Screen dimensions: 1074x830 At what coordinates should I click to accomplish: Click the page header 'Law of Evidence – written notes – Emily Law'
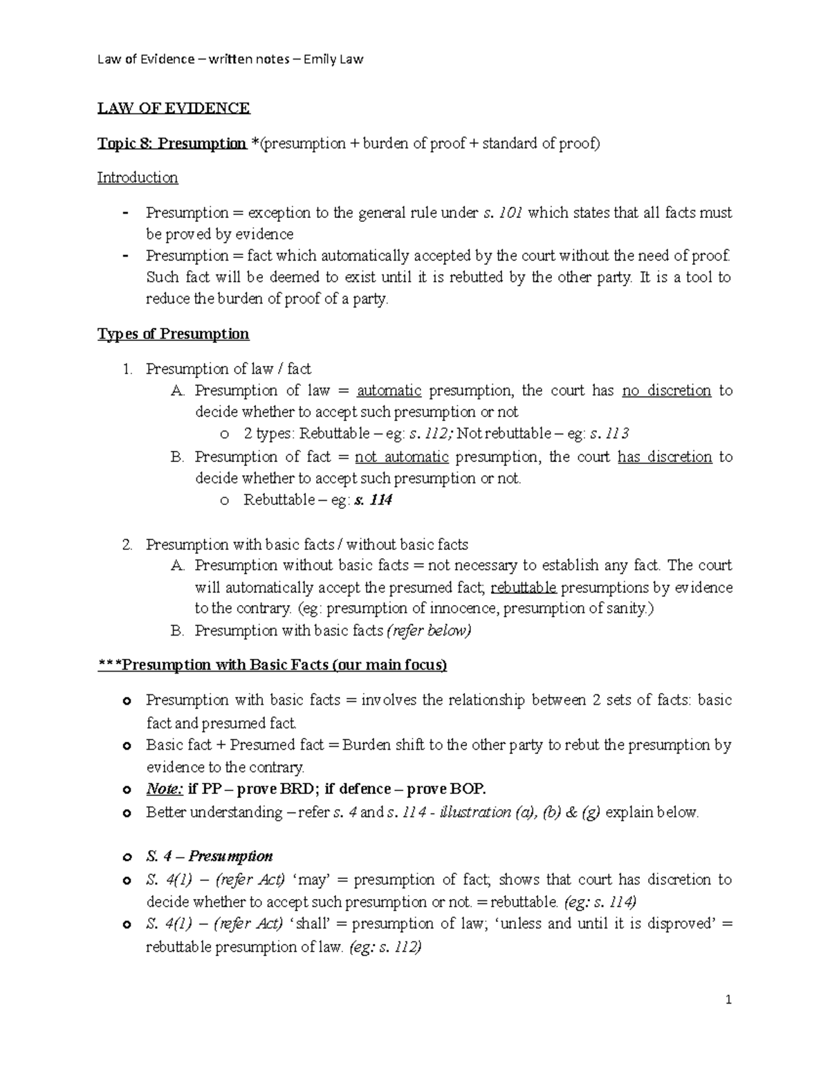230,59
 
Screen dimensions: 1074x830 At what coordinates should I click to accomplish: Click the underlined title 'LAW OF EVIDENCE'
173,108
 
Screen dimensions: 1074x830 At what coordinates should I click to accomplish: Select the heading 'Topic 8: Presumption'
172,143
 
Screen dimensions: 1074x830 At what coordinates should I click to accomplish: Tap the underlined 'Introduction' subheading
137,178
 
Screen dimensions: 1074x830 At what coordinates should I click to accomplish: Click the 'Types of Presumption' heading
173,334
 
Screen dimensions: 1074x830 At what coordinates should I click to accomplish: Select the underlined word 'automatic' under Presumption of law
389,391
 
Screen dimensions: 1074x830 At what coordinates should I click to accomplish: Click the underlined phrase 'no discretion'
666,391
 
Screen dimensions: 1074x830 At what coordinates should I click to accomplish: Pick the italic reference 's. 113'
609,434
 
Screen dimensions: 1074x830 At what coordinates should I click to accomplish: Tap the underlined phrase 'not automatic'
401,457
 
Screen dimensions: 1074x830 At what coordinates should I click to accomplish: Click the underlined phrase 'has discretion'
664,457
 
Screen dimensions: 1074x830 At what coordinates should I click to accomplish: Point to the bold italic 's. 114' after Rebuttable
373,500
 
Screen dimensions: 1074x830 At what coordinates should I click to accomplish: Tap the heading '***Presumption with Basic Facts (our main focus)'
272,665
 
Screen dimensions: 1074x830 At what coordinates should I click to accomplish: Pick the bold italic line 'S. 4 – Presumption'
209,856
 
